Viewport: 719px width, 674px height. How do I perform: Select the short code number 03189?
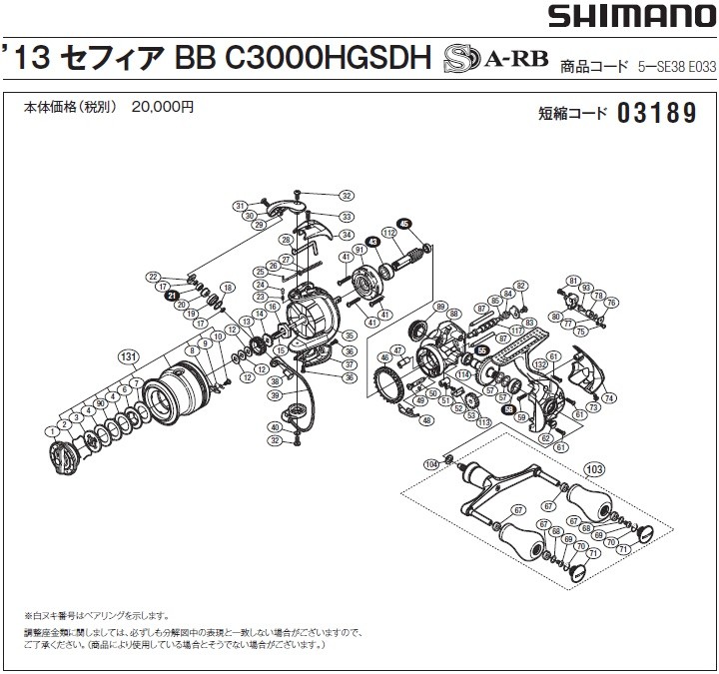pyautogui.click(x=656, y=114)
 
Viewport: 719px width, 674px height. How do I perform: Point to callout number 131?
pyautogui.click(x=127, y=355)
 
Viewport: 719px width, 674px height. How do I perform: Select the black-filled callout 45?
pyautogui.click(x=403, y=223)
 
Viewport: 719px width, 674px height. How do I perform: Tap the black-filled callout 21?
pyautogui.click(x=172, y=297)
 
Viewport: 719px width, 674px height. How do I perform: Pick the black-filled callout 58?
pyautogui.click(x=508, y=407)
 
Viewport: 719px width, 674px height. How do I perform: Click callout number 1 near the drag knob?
pyautogui.click(x=49, y=430)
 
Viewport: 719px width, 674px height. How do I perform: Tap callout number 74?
pyautogui.click(x=608, y=397)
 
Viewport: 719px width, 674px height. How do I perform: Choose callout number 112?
pyautogui.click(x=388, y=234)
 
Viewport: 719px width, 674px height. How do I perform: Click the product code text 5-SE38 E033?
pyautogui.click(x=676, y=69)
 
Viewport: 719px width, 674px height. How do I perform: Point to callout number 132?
pyautogui.click(x=538, y=366)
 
